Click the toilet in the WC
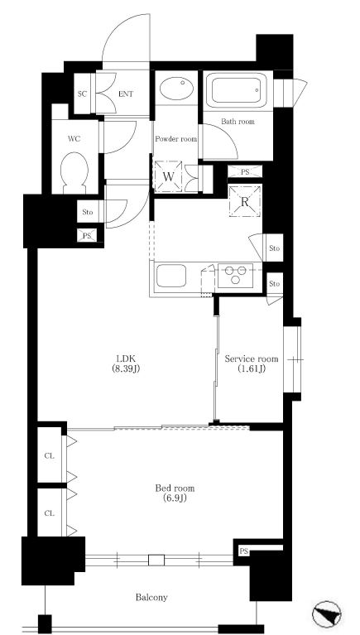point(74,172)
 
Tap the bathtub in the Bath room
point(236,90)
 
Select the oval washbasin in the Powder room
point(176,89)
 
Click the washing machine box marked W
point(168,176)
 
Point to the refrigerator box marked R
point(244,201)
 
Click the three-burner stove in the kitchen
point(235,276)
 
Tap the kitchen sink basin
point(171,276)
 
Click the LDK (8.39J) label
point(126,363)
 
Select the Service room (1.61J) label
point(252,363)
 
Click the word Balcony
point(151,598)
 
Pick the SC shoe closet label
point(82,94)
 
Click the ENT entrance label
point(126,94)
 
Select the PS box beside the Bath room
point(245,171)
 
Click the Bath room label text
point(238,121)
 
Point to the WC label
point(74,139)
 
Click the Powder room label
point(176,139)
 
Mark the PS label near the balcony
point(243,551)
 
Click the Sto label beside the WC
point(88,212)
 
